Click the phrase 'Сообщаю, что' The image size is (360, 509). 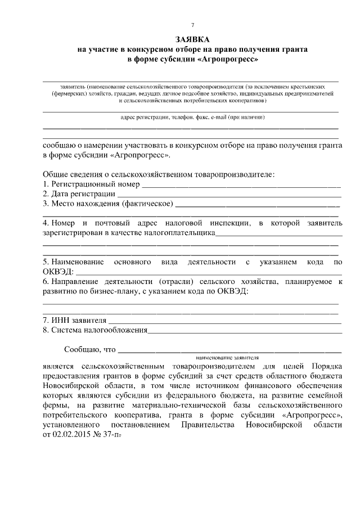pos(89,349)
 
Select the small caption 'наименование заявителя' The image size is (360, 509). pos(227,358)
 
